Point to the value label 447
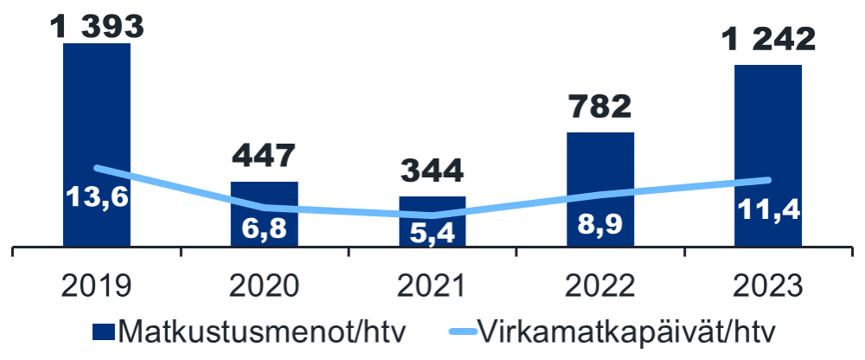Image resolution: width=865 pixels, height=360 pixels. pos(264,157)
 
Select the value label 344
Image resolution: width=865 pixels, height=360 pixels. pos(432,170)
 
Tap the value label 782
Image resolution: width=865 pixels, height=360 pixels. pos(600,107)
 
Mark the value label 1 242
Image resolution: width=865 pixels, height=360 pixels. pos(768,40)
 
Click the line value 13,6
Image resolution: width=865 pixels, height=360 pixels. pos(96,197)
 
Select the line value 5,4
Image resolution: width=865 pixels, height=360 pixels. pos(432,233)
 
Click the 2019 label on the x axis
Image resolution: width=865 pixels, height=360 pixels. pos(96,286)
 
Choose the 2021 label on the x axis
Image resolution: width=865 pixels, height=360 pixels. pos(432,286)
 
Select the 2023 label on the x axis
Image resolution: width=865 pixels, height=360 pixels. pos(768,286)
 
